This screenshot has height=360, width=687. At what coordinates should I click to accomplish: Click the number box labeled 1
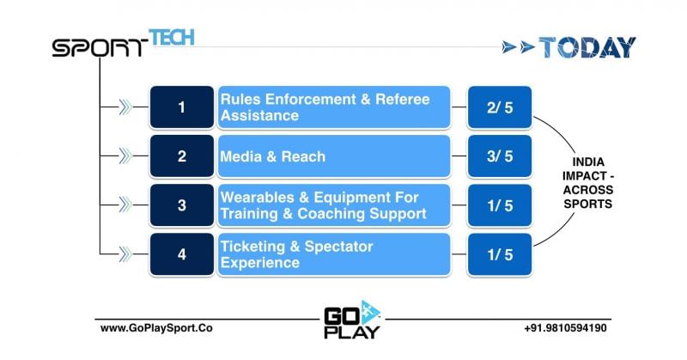point(181,107)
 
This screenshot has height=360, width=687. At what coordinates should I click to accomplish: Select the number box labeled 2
point(181,156)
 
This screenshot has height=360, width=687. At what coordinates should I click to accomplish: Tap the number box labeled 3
point(181,204)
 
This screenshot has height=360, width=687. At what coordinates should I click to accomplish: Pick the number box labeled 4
point(181,253)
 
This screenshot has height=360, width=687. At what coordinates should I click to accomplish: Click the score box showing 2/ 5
point(499,107)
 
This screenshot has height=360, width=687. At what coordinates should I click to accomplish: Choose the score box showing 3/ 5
point(499,156)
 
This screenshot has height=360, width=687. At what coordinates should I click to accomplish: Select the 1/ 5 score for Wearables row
point(499,204)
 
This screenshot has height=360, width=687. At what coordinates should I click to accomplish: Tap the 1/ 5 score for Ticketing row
point(499,253)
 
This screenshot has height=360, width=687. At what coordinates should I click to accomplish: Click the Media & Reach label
point(273,156)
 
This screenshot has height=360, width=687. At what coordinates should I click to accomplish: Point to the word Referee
point(398,100)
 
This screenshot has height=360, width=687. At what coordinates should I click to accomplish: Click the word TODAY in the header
point(587,47)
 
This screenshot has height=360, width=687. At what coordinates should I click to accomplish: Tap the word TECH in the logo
point(172,37)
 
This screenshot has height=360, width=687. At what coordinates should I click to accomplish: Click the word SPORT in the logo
point(99,48)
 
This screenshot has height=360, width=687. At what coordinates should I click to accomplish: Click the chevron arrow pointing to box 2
point(125,156)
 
